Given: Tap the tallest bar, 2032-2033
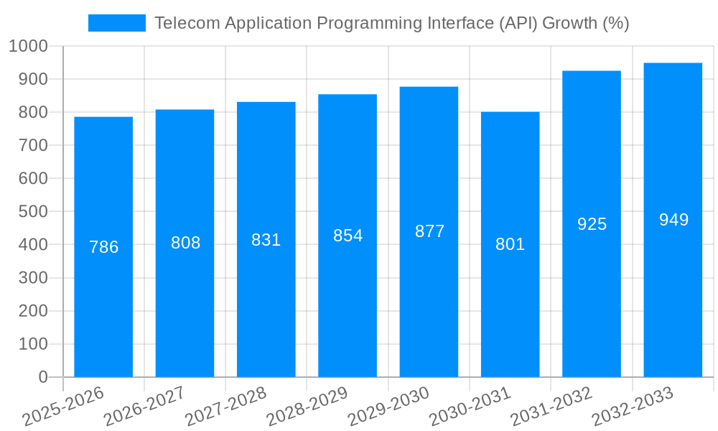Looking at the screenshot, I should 673,287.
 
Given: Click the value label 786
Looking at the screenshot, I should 103,247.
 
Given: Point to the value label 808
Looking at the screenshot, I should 185,243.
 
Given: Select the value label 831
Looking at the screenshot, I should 266,240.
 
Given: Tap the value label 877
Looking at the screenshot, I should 429,231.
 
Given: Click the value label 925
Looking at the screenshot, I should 592,224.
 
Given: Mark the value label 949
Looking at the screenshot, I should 673,220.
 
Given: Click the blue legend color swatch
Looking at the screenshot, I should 116,23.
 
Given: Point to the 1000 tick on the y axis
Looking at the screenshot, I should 28,46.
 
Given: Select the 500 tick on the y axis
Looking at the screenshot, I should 33,212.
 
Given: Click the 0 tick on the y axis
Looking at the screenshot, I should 43,377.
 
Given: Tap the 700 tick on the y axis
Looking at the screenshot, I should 33,145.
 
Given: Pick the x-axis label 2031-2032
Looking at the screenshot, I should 551,407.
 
